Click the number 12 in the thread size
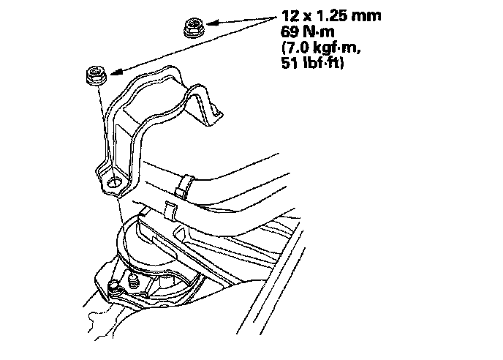coord(289,14)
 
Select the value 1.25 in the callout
coord(330,14)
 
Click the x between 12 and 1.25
coord(307,15)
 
